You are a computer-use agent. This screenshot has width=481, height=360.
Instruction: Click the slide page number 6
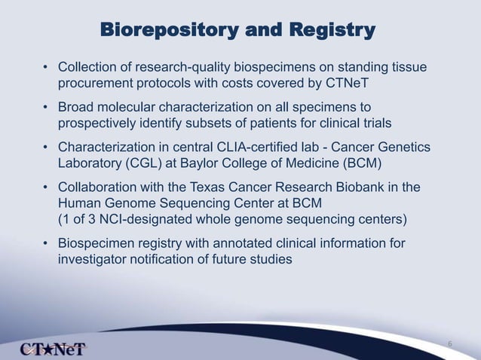click(x=449, y=344)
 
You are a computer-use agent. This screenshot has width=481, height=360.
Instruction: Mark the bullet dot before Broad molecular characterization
click(x=47, y=108)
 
